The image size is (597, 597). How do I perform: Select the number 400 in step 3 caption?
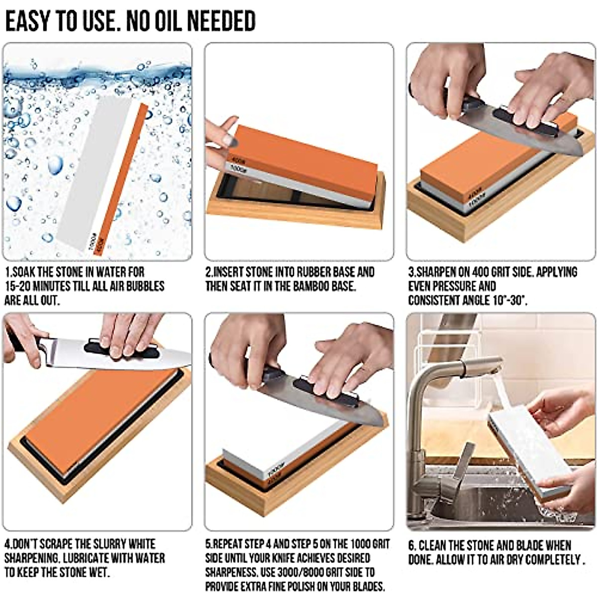(x=480, y=273)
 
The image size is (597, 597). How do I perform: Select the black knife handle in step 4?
(x=20, y=343)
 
